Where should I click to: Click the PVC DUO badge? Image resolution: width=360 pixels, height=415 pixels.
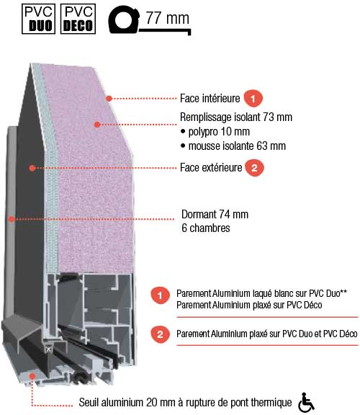[38, 19]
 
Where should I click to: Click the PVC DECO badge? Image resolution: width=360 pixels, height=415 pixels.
[78, 19]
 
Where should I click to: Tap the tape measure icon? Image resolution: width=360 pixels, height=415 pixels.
[124, 20]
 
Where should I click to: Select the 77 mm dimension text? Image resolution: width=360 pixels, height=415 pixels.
[168, 18]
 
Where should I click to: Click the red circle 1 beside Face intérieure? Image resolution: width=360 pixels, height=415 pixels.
[253, 99]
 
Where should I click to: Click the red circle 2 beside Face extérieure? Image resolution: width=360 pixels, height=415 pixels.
[254, 168]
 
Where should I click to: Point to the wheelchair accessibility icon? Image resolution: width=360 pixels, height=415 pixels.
[306, 403]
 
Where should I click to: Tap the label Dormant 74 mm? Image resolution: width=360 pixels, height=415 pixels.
[215, 215]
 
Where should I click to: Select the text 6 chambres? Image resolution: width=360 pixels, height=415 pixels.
[206, 228]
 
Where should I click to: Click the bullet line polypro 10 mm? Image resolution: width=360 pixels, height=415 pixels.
[215, 132]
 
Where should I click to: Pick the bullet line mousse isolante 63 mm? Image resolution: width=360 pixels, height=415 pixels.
[233, 146]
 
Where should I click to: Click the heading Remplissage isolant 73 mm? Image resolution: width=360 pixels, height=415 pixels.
[236, 117]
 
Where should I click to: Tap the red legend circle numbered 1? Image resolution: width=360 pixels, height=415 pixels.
[160, 295]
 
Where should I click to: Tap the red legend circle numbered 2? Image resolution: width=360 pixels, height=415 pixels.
[160, 334]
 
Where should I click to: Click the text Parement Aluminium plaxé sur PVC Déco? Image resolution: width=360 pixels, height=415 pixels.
[249, 305]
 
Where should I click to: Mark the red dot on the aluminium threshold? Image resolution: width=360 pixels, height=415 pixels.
[32, 376]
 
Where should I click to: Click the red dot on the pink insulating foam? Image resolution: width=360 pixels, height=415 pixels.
[97, 124]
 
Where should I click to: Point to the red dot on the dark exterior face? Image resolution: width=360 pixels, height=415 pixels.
[32, 168]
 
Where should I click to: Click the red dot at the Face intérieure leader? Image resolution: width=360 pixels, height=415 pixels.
[109, 99]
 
